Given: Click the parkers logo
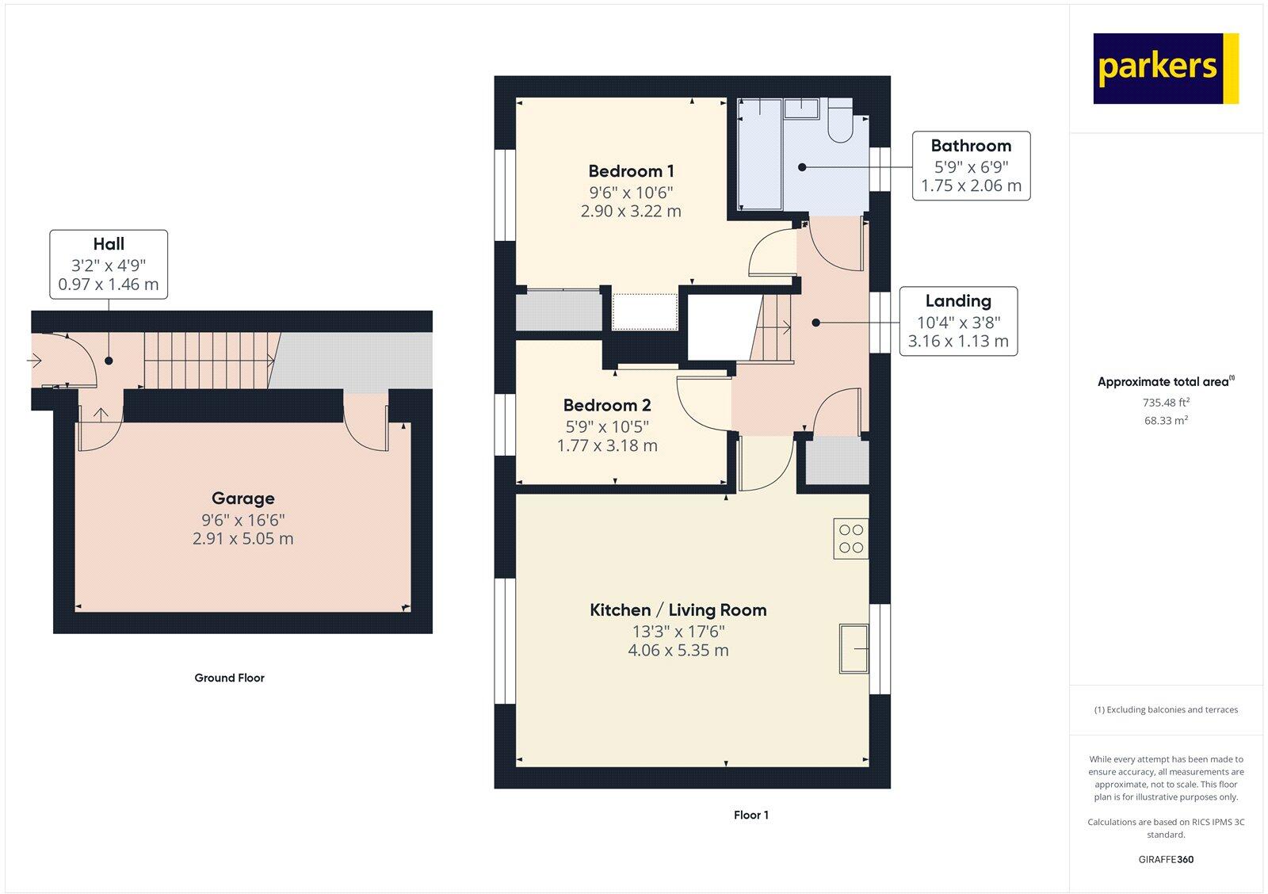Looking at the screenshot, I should tap(1165, 68).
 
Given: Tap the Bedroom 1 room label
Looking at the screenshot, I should tap(631, 171).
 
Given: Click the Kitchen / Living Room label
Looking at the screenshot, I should tap(678, 610).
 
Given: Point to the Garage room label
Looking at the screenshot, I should tap(243, 499).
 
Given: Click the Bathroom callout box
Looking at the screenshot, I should tap(971, 166).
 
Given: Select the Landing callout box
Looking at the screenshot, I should tap(957, 321).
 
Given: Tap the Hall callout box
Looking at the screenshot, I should tap(109, 264).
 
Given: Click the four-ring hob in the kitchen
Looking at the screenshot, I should tap(851, 539).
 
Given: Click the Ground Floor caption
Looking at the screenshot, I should tap(229, 678).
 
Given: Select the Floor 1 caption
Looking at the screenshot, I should tap(750, 815).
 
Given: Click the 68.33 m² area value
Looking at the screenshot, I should tap(1165, 421).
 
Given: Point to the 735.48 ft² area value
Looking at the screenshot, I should tap(1165, 403).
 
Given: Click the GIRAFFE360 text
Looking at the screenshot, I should tap(1165, 859).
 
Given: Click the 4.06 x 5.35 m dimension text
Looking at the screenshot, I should tap(678, 651).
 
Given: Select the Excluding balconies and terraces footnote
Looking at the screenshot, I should tap(1165, 710).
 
